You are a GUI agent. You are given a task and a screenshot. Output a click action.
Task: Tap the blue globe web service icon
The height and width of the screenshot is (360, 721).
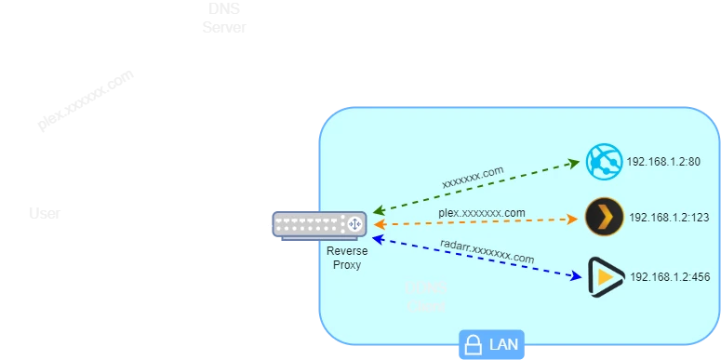[x=604, y=163]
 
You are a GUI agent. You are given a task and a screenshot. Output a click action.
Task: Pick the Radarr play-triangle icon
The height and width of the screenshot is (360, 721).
[x=605, y=276]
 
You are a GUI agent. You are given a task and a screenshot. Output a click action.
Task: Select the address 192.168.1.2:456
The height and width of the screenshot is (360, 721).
[x=670, y=277]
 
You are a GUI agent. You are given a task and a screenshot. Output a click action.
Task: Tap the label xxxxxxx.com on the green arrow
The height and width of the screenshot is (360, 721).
[x=473, y=176]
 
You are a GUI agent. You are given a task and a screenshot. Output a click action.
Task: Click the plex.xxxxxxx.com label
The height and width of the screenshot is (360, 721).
[x=482, y=213]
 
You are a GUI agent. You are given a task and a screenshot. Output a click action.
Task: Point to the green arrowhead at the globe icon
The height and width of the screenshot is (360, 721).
[x=574, y=163]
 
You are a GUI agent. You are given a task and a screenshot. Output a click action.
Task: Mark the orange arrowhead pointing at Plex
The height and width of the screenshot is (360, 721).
[x=573, y=220]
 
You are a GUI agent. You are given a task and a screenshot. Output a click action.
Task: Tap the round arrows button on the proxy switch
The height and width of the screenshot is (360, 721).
[x=354, y=225]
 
